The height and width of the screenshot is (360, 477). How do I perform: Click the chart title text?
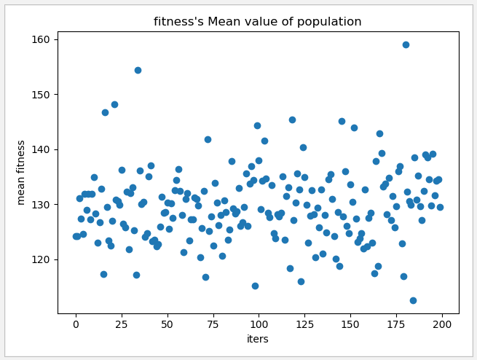click(x=257, y=22)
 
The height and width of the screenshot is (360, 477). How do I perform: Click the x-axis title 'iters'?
click(x=258, y=339)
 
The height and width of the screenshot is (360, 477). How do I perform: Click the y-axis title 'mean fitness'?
click(x=22, y=172)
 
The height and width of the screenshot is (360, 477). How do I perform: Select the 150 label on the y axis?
click(x=44, y=95)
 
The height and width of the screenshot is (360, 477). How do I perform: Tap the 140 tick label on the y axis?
click(x=44, y=149)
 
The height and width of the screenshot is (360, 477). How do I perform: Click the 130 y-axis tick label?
click(x=44, y=205)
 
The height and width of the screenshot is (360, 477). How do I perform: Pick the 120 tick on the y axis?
click(x=44, y=259)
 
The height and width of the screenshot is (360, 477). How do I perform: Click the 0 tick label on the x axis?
click(x=76, y=324)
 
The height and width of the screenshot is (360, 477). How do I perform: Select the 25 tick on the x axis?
click(x=122, y=324)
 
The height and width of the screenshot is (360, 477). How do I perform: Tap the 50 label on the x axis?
click(x=167, y=324)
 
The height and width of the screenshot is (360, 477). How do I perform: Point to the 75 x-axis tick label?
click(x=213, y=324)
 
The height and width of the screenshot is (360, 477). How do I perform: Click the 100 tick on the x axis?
click(x=259, y=324)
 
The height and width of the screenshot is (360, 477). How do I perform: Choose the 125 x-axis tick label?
click(x=304, y=324)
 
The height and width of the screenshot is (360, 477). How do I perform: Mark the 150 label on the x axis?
click(x=350, y=324)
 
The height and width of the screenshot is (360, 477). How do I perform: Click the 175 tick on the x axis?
click(x=396, y=324)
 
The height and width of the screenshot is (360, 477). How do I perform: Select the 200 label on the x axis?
click(x=442, y=324)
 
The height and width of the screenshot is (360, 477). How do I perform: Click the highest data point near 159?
click(x=406, y=44)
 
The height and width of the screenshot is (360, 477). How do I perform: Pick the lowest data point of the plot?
click(x=413, y=300)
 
